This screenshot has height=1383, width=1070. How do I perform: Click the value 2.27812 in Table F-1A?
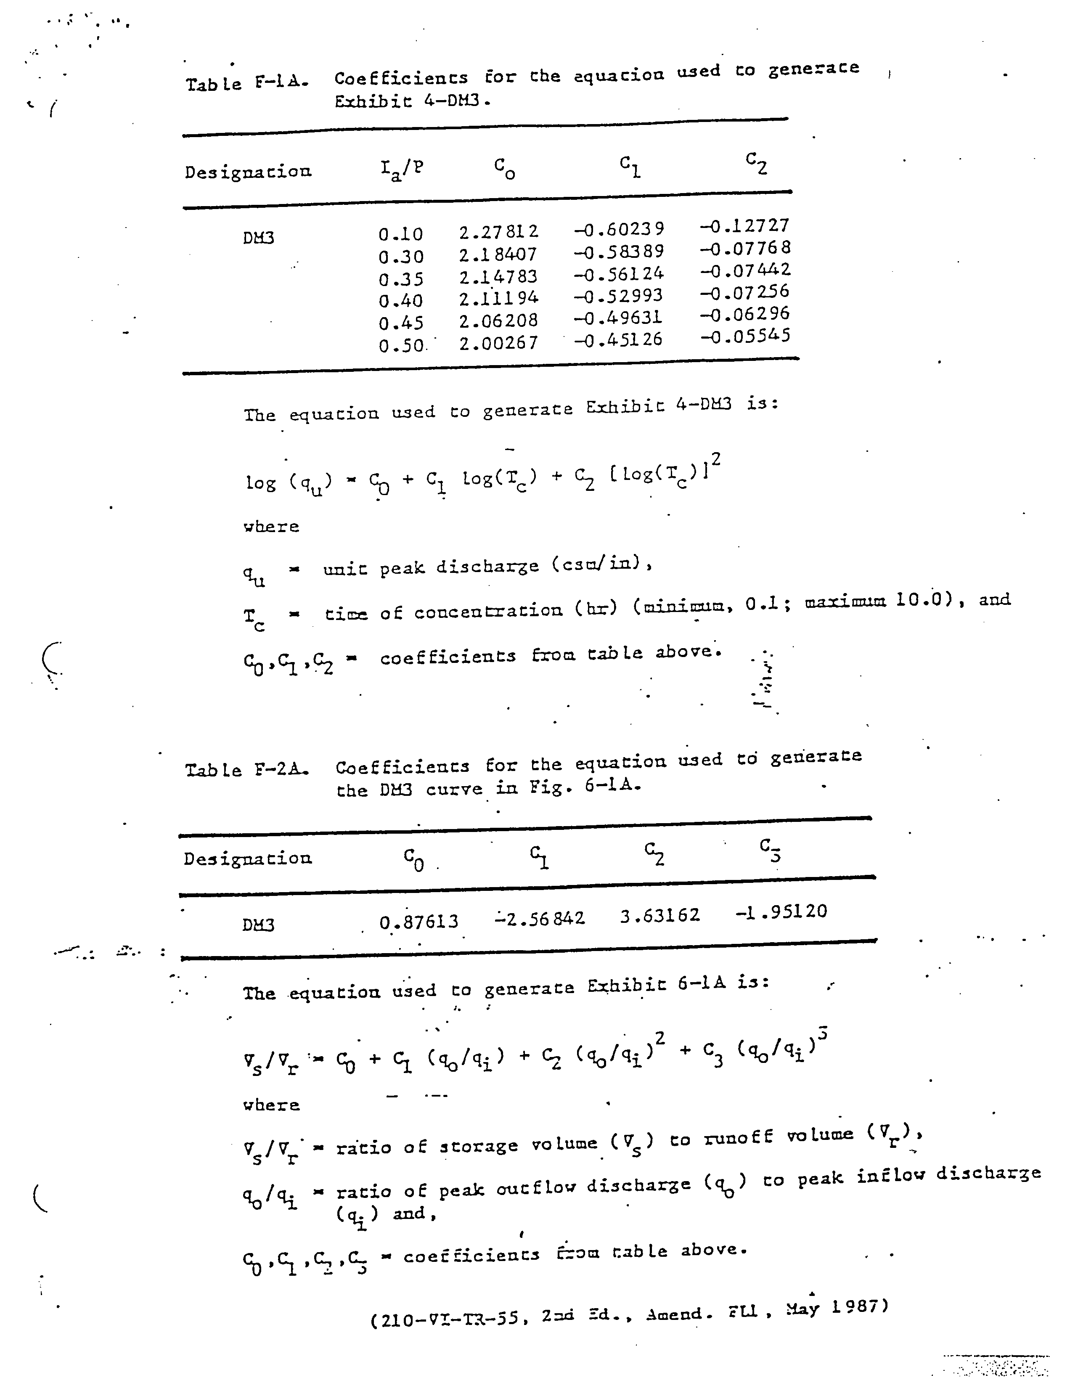(498, 232)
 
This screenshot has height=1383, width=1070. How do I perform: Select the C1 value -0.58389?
(619, 252)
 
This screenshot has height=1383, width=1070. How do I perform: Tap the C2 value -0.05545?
(745, 336)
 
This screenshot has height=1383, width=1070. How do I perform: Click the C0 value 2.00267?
(498, 342)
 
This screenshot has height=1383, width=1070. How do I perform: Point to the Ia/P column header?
(401, 169)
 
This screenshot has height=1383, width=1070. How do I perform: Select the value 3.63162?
(660, 916)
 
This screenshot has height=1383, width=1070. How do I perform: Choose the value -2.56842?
(540, 918)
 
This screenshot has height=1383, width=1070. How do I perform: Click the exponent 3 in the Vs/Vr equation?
(822, 1033)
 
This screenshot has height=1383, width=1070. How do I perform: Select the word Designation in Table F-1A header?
(248, 172)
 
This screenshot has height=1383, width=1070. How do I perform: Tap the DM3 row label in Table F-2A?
(258, 925)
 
